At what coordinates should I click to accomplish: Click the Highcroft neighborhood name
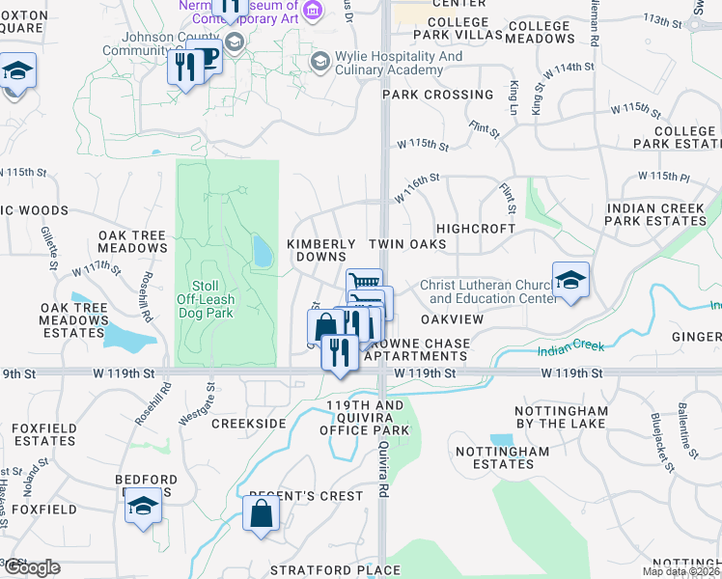[475, 229]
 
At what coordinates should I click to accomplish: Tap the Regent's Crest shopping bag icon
[263, 514]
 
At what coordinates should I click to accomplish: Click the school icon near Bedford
[143, 507]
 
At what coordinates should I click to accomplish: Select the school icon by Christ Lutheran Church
[570, 281]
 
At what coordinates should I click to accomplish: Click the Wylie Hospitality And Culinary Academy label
[399, 63]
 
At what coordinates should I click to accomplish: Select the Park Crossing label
[437, 95]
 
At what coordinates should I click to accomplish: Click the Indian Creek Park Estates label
[655, 214]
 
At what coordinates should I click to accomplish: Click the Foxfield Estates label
[43, 434]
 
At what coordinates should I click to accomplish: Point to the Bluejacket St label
[661, 445]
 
